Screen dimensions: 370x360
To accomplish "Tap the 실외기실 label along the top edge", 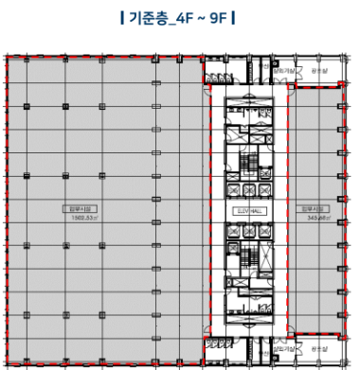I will pos(282,71).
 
